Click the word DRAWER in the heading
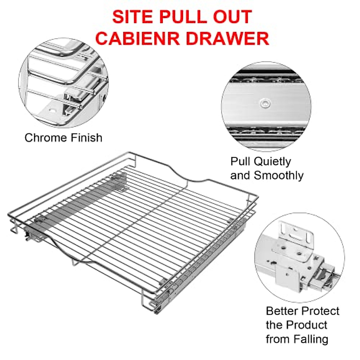point(231,38)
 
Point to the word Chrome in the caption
point(46,138)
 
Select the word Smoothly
point(279,175)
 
